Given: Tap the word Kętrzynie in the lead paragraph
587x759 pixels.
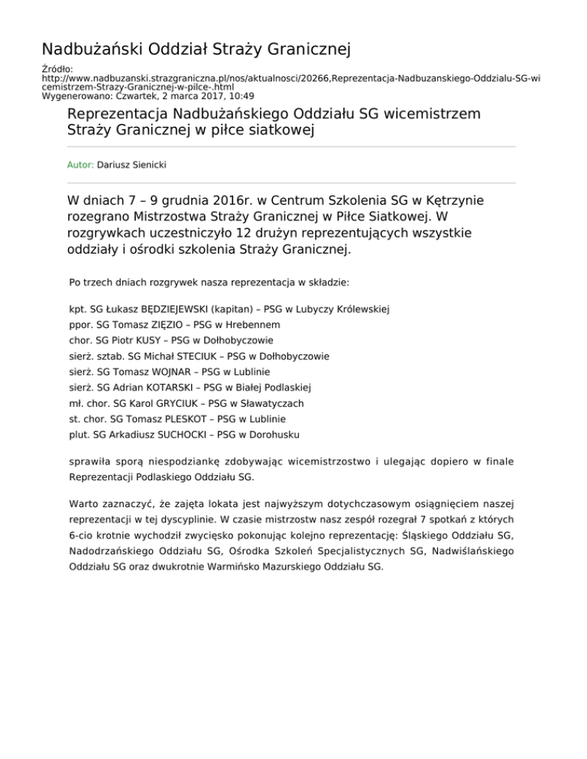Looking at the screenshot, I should (449, 202).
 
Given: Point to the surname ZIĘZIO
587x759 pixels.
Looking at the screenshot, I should (161, 325).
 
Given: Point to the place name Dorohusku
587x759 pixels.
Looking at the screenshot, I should (277, 434).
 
